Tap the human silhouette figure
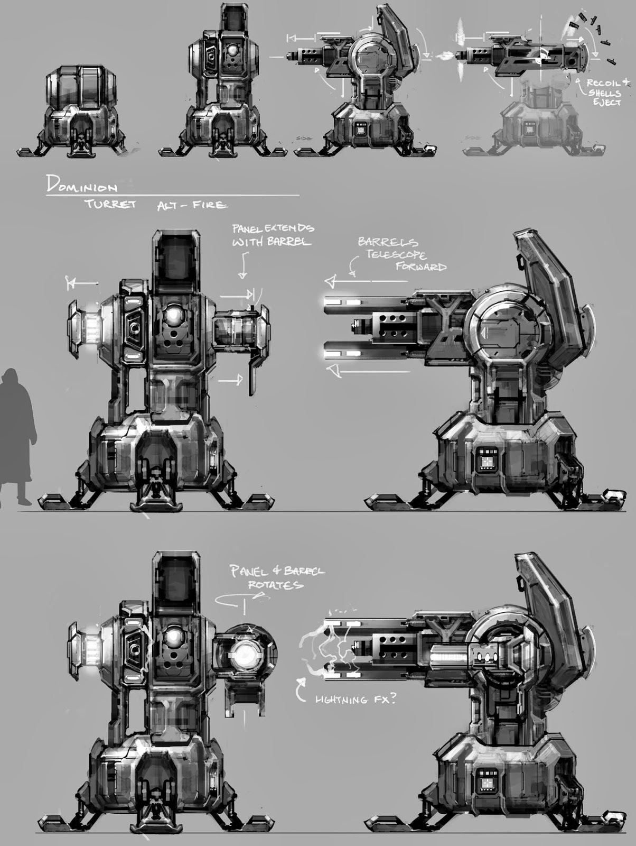[x=18, y=434]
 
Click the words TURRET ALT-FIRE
[x=158, y=204]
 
